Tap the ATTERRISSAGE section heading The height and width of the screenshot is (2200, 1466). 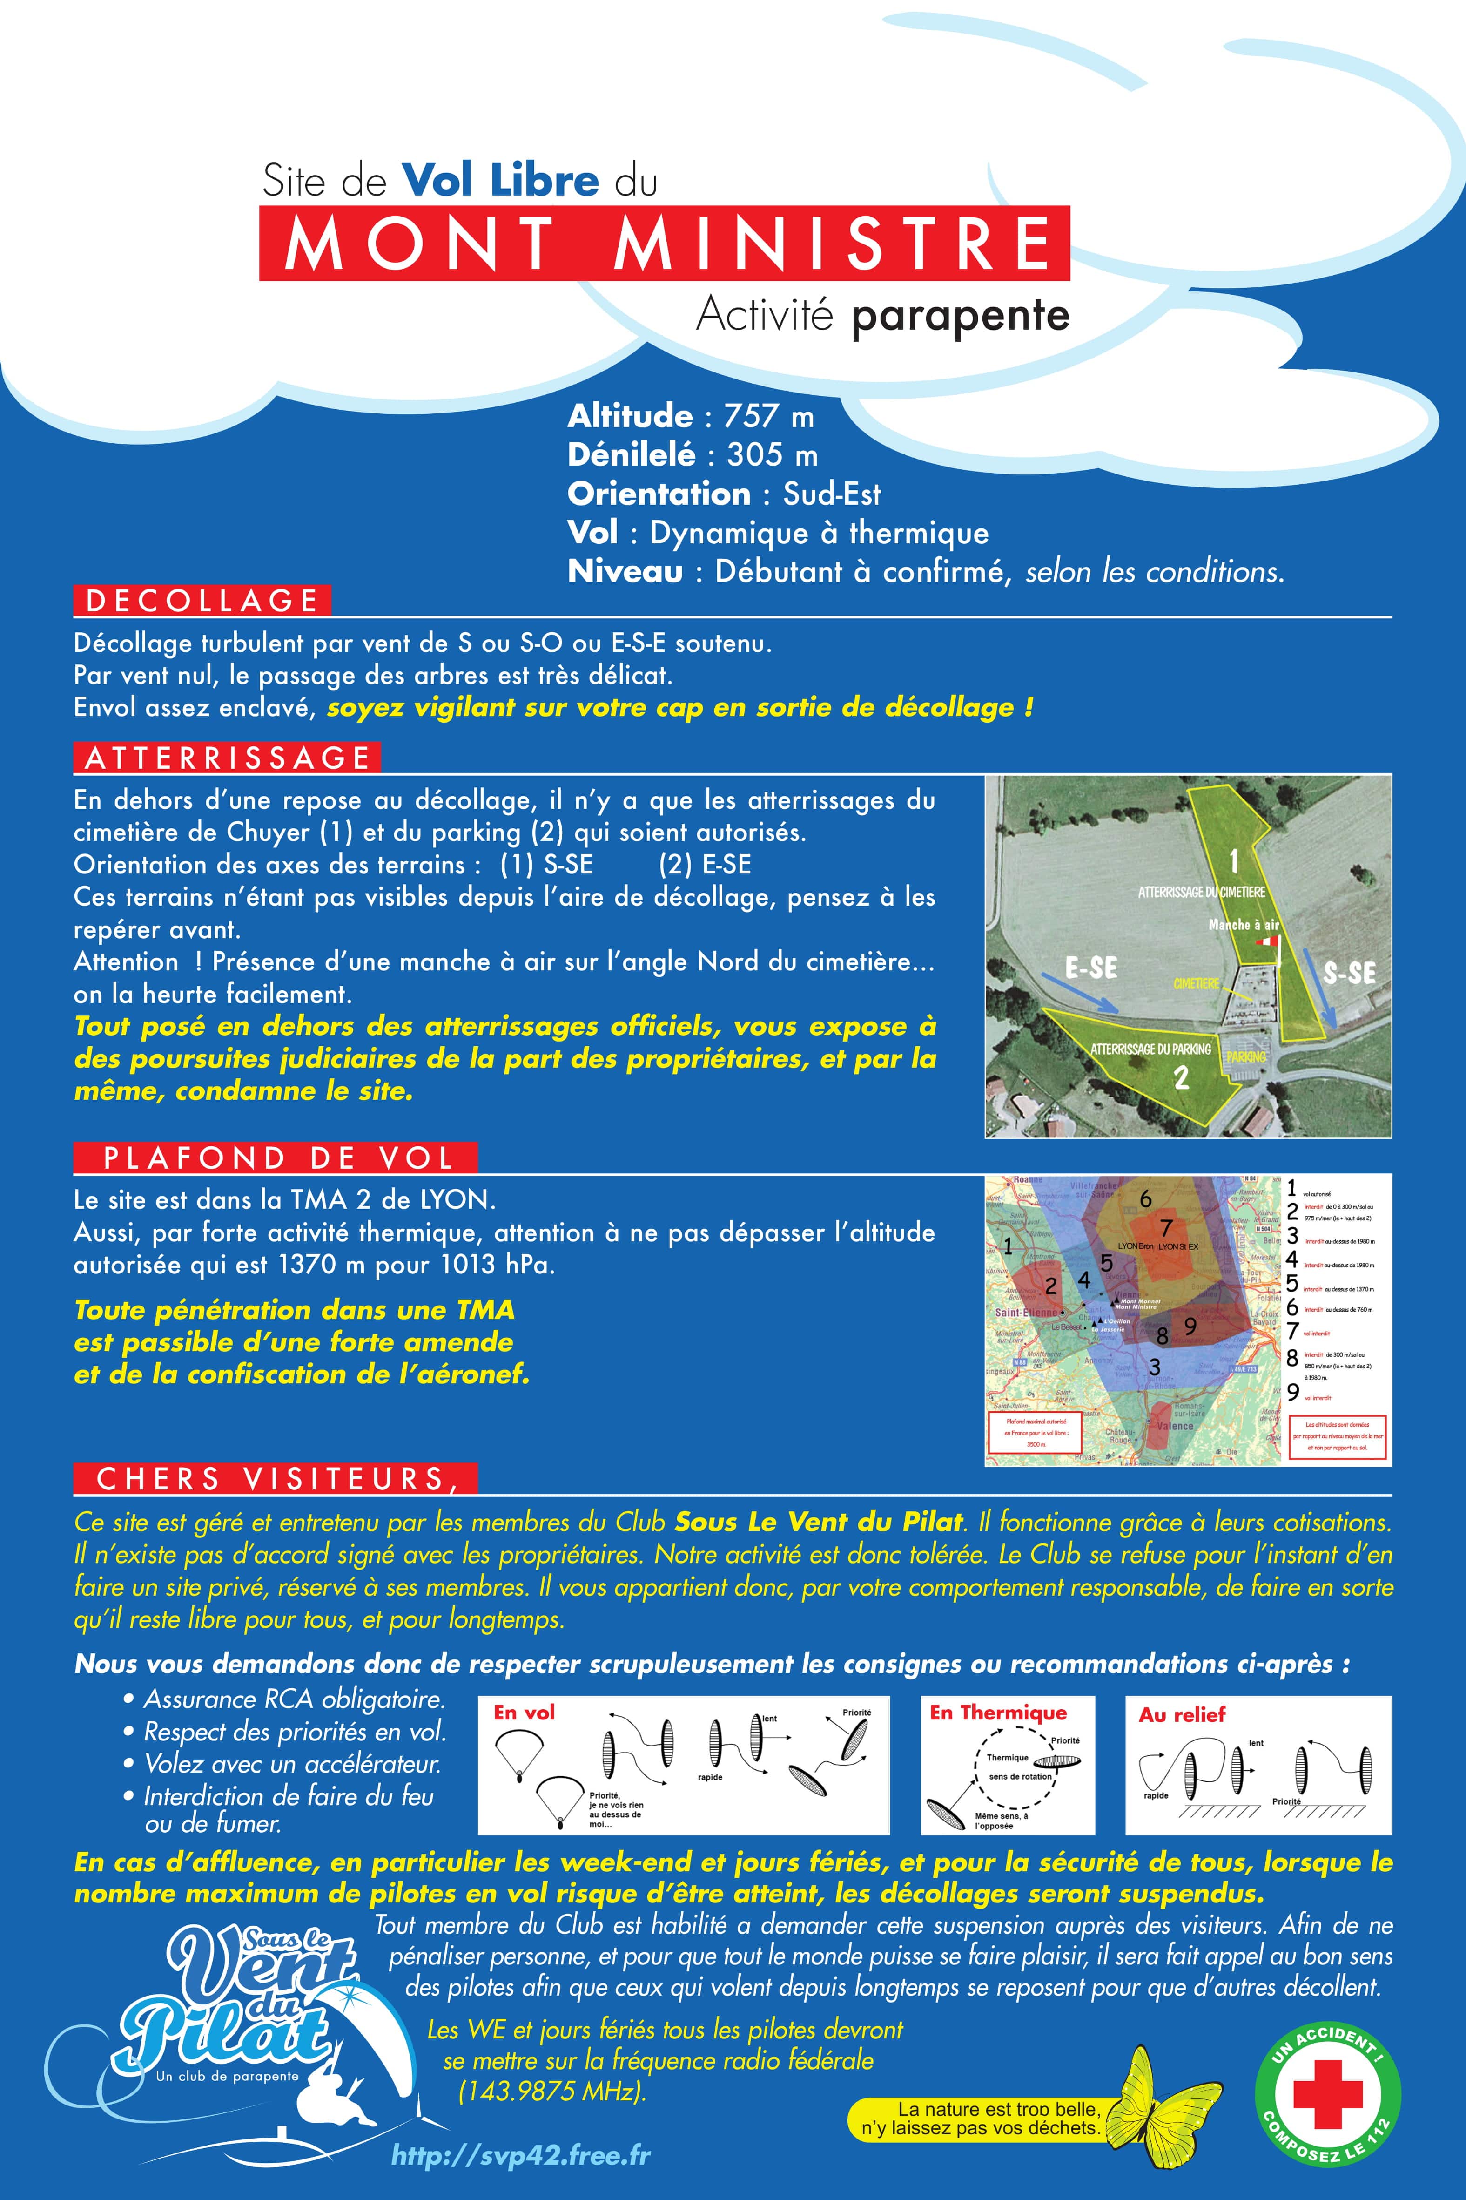[x=227, y=758]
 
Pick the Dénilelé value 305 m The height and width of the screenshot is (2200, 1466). [x=772, y=455]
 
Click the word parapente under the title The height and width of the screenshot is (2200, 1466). [x=960, y=316]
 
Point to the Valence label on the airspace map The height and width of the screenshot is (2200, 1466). [x=1175, y=1426]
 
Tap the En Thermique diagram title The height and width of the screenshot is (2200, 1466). [x=998, y=1713]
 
